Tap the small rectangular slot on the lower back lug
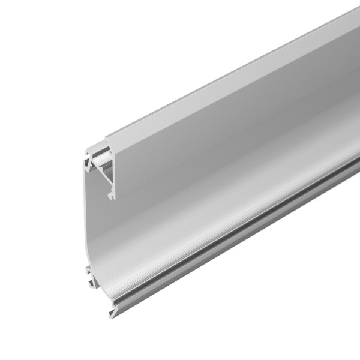(x=89, y=277)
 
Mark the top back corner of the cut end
(x=86, y=148)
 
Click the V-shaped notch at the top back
(x=90, y=160)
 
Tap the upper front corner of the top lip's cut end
(x=107, y=139)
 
